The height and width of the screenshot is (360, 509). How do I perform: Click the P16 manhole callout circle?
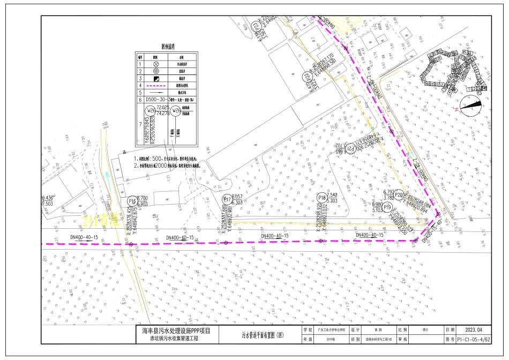[132, 201]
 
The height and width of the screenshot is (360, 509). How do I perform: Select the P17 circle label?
[227, 200]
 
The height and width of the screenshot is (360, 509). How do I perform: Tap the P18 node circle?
[321, 198]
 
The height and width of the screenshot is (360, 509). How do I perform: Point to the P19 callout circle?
[387, 207]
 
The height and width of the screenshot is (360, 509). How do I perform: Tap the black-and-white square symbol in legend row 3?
[156, 78]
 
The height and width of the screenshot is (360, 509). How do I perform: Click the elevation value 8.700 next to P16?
[143, 198]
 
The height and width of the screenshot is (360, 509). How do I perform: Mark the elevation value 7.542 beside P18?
[332, 195]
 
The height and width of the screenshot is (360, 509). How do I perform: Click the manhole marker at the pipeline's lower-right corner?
[416, 240]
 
